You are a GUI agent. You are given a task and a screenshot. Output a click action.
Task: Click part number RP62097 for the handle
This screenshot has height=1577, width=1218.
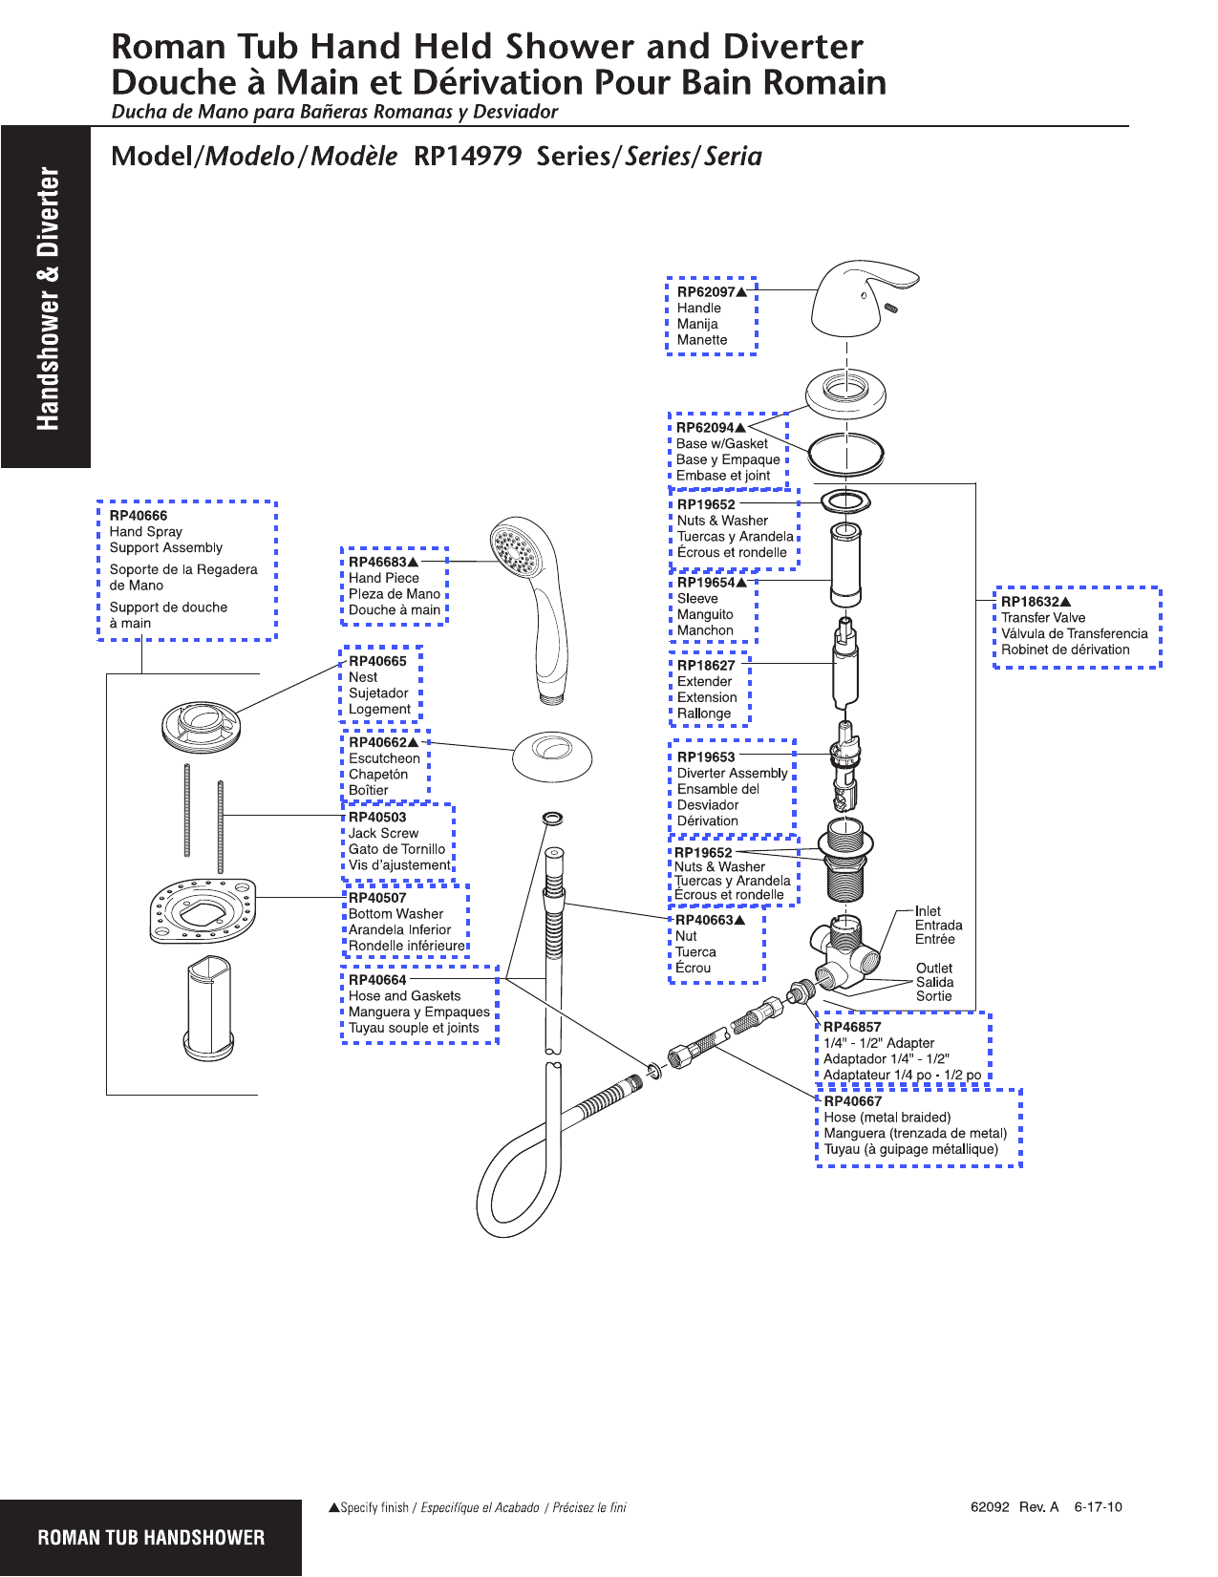pos(706,292)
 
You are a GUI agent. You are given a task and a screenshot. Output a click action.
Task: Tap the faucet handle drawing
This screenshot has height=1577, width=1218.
pos(858,298)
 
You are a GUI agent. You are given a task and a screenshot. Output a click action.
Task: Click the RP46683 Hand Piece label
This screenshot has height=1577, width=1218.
pos(377,563)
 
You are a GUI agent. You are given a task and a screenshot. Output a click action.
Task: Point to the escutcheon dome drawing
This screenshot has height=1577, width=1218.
pos(552,757)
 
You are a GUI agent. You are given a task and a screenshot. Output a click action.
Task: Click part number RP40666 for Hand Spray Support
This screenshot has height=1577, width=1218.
pos(139,516)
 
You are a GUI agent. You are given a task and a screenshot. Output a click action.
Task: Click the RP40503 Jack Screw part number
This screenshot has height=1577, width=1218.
pos(377,818)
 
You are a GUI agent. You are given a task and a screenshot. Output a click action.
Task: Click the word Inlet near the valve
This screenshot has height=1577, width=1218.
pos(928,911)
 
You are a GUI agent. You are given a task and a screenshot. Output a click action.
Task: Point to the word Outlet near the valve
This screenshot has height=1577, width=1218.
pos(933,968)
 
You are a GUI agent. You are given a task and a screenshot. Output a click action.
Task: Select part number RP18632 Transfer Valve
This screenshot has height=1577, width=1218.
pos(1030,602)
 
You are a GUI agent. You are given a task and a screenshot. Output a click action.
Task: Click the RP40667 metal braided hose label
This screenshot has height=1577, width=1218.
pos(852,1101)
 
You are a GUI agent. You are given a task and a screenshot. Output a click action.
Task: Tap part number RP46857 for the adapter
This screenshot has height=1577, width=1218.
pos(852,1028)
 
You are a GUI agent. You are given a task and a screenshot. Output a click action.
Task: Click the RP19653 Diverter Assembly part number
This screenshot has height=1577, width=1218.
pos(706,757)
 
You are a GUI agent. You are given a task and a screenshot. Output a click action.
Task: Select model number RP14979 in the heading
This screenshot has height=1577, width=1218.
pos(467,157)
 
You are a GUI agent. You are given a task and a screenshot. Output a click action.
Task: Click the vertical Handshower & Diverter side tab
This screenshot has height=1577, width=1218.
pos(47,298)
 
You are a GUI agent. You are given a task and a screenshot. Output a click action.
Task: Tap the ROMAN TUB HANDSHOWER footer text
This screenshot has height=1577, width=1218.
pos(151,1538)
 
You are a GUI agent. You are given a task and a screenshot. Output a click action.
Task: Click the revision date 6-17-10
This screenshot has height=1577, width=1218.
pos(1098,1507)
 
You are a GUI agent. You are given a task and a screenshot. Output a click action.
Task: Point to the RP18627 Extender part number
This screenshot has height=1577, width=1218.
pos(706,666)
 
